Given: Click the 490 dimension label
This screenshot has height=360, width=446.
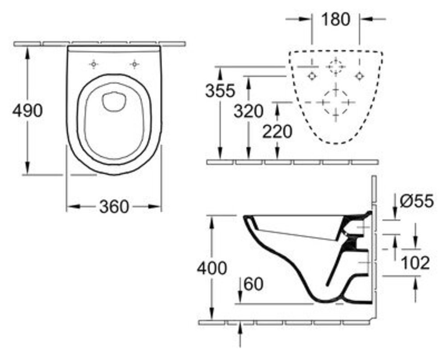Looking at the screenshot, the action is [x=27, y=111].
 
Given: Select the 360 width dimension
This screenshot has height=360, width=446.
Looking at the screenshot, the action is [x=114, y=207].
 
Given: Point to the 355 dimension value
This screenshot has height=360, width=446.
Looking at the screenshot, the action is [x=220, y=91].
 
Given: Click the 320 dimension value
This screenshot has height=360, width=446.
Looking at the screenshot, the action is [x=248, y=111].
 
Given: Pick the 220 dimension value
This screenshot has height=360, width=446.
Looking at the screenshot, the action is [x=277, y=131].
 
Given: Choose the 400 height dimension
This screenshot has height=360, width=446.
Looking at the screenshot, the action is [x=212, y=268].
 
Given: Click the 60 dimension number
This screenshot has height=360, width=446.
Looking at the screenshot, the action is [x=254, y=284].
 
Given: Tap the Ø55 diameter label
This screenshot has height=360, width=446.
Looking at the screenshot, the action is [x=417, y=201].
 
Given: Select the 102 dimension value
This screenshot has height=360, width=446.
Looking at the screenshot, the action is [x=415, y=263].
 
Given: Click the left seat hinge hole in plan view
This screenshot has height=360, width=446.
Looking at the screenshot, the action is [x=94, y=65].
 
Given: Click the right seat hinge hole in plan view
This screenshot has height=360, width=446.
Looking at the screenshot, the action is [x=135, y=65].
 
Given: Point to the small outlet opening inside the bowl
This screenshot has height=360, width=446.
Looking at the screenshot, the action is [x=114, y=101].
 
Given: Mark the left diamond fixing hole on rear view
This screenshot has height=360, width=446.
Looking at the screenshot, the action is [x=312, y=76].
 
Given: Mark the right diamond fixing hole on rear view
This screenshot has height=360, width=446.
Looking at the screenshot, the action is [x=359, y=76].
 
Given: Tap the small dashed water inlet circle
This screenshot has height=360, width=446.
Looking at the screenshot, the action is [x=336, y=66].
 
